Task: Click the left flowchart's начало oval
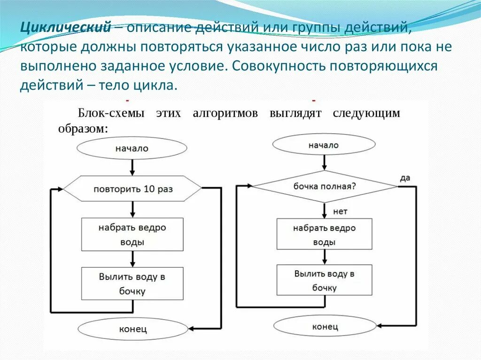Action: point(132,148)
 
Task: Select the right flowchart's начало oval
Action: point(324,145)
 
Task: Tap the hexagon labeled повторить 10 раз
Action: point(132,189)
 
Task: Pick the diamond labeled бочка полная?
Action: point(325,186)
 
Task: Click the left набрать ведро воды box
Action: point(132,235)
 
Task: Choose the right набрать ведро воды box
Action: point(325,235)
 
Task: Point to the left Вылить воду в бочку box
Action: point(132,283)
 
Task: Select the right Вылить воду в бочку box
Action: point(325,280)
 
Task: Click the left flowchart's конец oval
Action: point(132,329)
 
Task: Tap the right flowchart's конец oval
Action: point(325,326)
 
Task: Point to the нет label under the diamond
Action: point(340,212)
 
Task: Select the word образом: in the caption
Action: point(83,129)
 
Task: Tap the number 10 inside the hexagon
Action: point(149,189)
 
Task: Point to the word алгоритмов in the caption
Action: point(225,113)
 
